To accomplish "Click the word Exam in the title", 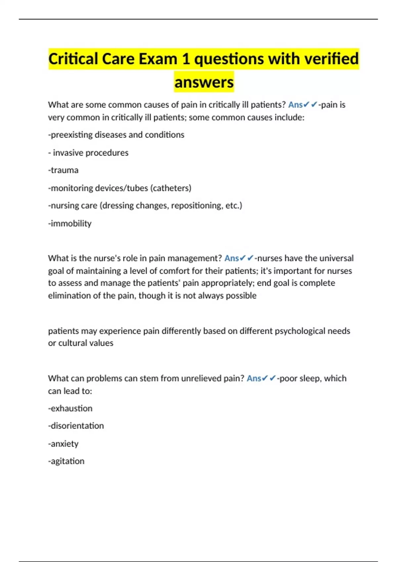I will (157, 59).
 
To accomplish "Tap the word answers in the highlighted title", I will (204, 82).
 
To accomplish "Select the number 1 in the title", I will (186, 59).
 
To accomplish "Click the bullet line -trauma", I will (64, 170).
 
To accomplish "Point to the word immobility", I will (71, 223).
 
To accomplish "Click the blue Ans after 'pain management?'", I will (232, 258).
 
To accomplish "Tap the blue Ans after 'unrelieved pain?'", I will (254, 379).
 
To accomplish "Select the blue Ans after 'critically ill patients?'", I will (295, 105).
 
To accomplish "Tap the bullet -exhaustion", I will (70, 409).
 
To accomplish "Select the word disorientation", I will (77, 426).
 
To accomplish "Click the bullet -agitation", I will (66, 461).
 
